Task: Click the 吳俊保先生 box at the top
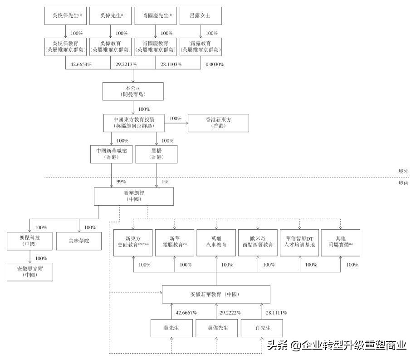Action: pos(66,15)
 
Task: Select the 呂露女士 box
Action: pos(201,15)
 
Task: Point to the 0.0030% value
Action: pos(215,64)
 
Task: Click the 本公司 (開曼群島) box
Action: pos(133,91)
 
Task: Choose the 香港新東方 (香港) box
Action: pos(218,123)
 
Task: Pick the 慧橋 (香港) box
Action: pos(157,154)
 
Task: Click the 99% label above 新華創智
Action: pos(121,182)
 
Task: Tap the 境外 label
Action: pos(403,171)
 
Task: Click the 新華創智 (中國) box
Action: pos(134,196)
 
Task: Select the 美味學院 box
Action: pos(79,241)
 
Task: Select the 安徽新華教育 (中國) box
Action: pos(216,294)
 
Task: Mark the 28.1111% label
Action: pos(276,313)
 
